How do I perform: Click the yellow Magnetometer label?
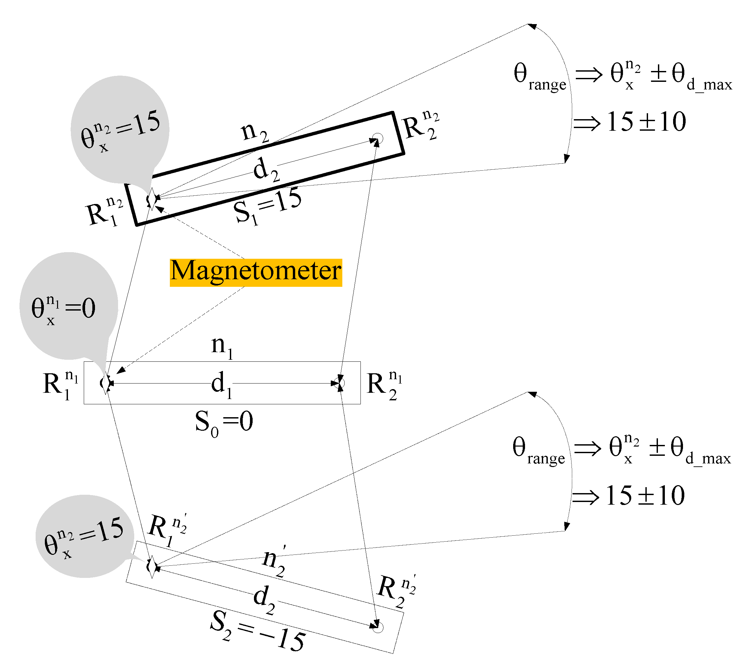pos(256,272)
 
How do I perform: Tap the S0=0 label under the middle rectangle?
pos(224,422)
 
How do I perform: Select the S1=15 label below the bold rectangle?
pos(267,207)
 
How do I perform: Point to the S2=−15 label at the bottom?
pos(258,631)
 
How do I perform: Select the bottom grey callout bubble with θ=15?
pos(85,536)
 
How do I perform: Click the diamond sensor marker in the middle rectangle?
pos(106,383)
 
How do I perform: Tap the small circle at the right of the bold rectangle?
pos(378,139)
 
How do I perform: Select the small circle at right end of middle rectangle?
pos(340,383)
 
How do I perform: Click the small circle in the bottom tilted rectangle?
pos(378,627)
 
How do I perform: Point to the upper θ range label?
pos(539,77)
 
